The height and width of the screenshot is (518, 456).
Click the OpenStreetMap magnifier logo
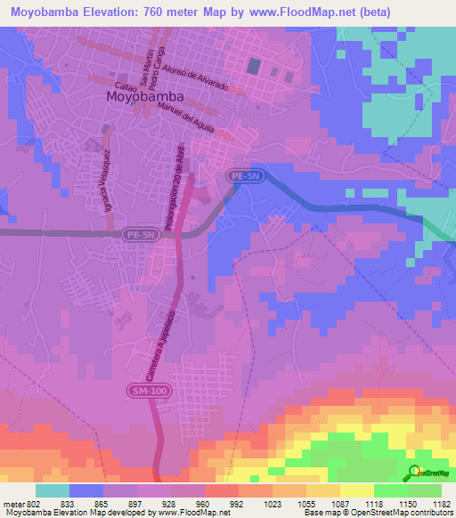point(415,473)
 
